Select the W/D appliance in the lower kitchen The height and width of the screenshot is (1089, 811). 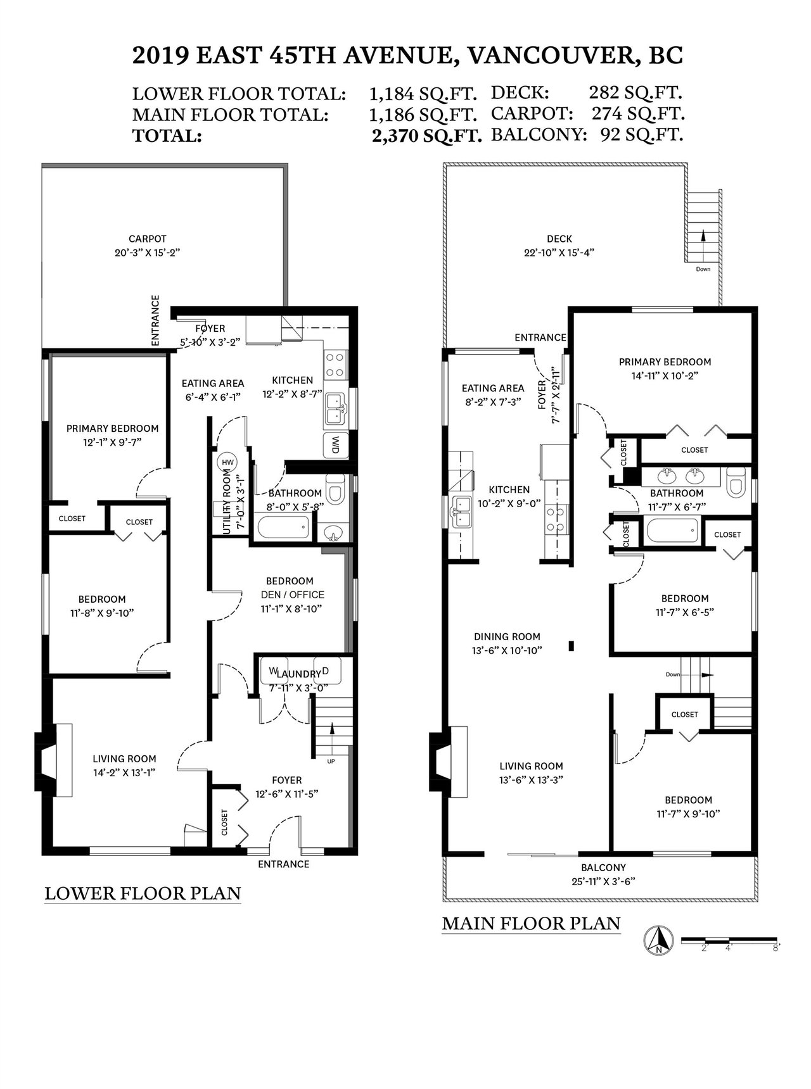click(334, 445)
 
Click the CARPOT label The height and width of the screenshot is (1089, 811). click(147, 239)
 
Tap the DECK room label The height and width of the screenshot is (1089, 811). click(559, 239)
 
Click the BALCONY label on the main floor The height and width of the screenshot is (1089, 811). click(603, 868)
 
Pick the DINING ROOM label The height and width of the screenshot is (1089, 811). click(507, 637)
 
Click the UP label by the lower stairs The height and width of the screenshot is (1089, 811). click(331, 761)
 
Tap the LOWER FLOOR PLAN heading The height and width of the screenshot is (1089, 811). click(143, 893)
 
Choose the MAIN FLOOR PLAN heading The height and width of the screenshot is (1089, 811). click(531, 923)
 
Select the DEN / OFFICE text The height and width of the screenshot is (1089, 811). click(293, 595)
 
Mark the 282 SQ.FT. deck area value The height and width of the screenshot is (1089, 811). click(635, 92)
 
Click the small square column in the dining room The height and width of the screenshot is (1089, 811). click(572, 646)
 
